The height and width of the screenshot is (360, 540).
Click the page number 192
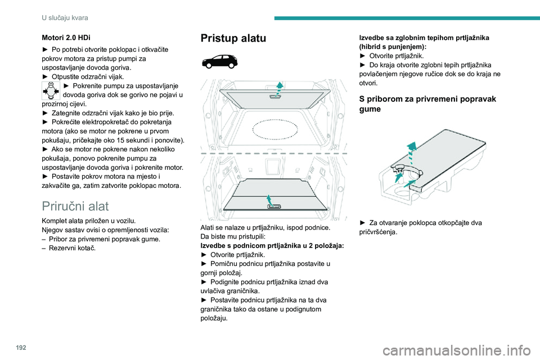(x=21, y=348)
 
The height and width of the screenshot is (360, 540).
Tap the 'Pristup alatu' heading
(x=233, y=38)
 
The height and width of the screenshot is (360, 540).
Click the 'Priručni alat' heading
(x=75, y=206)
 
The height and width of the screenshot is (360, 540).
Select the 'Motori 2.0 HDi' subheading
(x=66, y=38)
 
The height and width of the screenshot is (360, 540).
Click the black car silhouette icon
(x=220, y=62)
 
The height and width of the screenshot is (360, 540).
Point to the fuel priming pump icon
(x=51, y=91)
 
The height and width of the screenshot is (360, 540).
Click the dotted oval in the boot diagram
(x=275, y=129)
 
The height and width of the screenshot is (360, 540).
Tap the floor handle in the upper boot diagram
(x=274, y=97)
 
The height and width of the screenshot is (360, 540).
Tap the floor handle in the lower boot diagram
(x=274, y=206)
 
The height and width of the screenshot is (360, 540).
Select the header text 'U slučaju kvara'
(x=65, y=18)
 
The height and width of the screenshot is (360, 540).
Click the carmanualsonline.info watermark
(x=457, y=351)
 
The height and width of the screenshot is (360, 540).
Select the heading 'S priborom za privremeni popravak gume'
(x=427, y=103)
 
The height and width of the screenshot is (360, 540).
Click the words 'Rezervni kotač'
(x=73, y=248)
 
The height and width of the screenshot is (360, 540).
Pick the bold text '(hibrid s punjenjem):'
(x=393, y=47)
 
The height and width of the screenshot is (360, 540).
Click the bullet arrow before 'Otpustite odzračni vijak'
(x=45, y=77)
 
